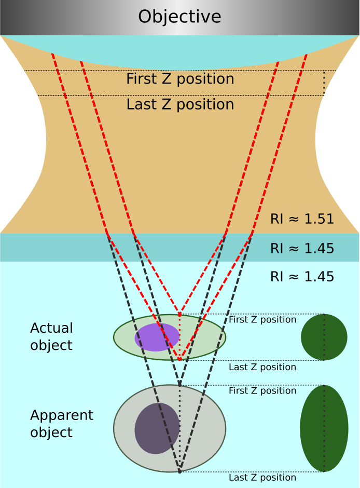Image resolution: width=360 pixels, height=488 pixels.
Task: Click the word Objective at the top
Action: tap(179, 17)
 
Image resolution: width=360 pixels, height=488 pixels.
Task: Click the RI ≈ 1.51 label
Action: tap(302, 219)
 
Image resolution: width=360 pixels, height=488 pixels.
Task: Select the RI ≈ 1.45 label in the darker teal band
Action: tap(302, 248)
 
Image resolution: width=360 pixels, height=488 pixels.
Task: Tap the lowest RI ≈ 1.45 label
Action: tap(302, 277)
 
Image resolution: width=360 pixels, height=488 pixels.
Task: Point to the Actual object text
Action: tap(51, 336)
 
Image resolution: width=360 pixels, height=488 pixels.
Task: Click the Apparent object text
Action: tap(62, 424)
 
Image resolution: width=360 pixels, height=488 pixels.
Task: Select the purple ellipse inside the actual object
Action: tap(157, 337)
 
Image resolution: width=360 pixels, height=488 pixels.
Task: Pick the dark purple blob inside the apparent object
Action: tap(157, 428)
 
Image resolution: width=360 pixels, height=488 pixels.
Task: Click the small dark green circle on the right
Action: tap(324, 337)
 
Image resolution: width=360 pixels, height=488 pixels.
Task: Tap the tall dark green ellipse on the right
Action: tap(324, 428)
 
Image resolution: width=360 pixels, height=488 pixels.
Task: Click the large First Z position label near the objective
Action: tap(180, 79)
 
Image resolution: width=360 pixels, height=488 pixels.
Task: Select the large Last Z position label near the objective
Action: tap(180, 104)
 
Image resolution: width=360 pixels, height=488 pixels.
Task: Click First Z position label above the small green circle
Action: tap(262, 320)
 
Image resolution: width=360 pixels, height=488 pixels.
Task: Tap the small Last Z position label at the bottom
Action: tap(262, 478)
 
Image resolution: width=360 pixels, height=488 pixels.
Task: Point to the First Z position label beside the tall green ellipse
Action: tap(262, 391)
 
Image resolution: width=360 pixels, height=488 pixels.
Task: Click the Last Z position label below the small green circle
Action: tap(262, 368)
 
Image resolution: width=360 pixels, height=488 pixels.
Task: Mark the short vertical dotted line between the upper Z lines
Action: tap(324, 83)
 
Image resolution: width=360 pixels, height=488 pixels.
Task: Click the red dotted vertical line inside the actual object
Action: tap(179, 337)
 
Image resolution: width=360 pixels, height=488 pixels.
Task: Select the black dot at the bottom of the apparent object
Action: tap(179, 471)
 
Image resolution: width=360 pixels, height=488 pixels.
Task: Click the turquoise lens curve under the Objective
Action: tap(179, 52)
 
